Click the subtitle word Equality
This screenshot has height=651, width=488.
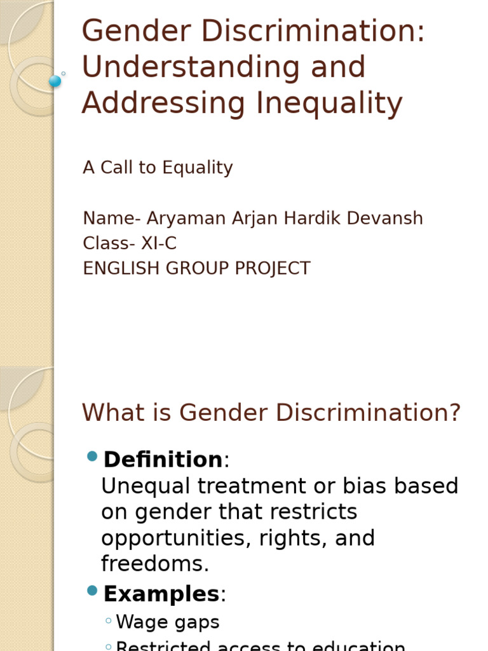click(198, 168)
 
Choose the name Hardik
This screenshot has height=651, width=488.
click(309, 219)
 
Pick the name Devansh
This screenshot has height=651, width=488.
click(388, 219)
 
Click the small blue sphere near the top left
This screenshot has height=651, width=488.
click(55, 81)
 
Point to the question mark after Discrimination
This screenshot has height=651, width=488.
click(454, 413)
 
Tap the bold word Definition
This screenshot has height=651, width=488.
click(163, 460)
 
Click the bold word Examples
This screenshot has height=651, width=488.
click(161, 594)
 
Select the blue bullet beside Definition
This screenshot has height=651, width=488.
click(92, 456)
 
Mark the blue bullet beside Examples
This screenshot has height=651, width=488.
click(92, 591)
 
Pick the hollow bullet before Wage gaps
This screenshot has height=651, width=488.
click(109, 621)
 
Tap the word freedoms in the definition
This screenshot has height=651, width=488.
click(155, 564)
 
